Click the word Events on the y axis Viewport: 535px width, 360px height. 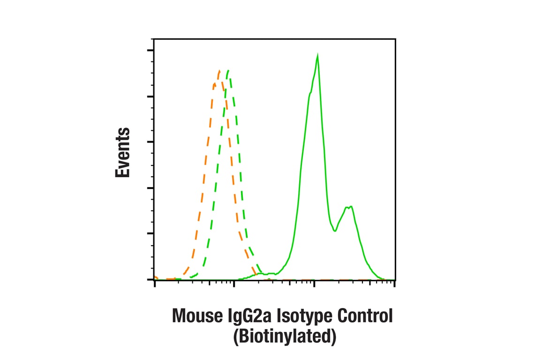click(123, 152)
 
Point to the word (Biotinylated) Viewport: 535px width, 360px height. click(285, 337)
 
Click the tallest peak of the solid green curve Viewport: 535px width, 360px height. click(318, 56)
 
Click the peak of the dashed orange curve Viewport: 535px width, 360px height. click(219, 71)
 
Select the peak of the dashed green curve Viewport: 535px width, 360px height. click(227, 71)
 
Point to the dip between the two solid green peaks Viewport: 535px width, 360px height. click(335, 231)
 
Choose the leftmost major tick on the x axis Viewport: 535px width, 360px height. click(155, 284)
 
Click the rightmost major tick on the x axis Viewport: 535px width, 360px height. click(395, 284)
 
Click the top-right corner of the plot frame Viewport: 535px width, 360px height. click(395, 39)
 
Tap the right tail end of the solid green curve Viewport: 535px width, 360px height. click(382, 278)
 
